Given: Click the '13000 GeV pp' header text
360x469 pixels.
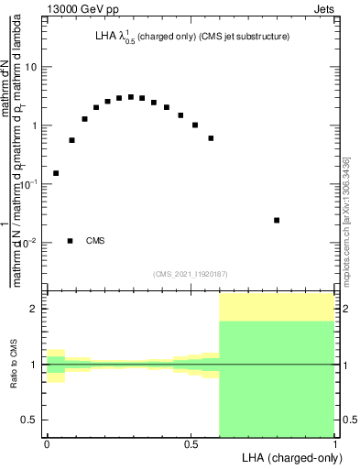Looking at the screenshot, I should click(85, 11).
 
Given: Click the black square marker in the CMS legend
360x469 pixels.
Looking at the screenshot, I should click(71, 241).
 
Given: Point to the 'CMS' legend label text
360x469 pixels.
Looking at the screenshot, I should click(95, 241).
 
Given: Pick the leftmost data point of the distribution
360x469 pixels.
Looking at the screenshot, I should click(56, 173).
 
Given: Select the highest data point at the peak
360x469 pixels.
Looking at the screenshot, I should click(131, 96).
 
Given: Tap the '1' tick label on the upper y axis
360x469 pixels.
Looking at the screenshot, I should click(35, 126).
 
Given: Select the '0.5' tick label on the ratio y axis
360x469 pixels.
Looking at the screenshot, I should click(31, 420).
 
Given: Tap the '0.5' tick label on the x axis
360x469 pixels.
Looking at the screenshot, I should click(191, 443).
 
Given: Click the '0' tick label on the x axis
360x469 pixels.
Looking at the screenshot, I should click(47, 443).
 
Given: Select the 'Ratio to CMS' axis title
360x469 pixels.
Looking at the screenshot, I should click(16, 365).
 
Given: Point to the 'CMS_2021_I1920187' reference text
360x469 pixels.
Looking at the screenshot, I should click(190, 272).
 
